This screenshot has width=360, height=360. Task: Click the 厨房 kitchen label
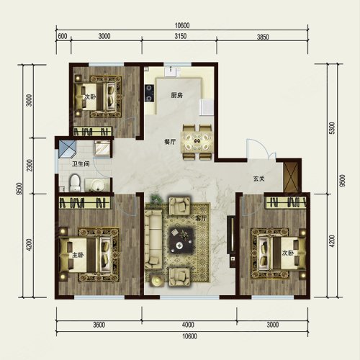pos(177,95)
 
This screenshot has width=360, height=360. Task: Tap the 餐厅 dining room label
pos(170,142)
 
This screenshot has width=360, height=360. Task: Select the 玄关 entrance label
pos(259,179)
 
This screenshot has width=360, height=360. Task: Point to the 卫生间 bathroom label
pos(81,164)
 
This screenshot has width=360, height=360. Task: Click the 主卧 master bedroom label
pos(78,254)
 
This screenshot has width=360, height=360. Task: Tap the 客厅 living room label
pos(201,218)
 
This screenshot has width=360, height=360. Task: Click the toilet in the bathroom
pos(75,183)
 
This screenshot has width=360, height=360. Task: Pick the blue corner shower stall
pos(67,148)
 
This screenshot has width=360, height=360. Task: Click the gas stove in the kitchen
pos(149,93)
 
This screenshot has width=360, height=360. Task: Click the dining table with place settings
pos(197,142)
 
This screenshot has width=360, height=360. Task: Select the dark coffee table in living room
pos(181,239)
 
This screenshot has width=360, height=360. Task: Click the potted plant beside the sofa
pos(156,199)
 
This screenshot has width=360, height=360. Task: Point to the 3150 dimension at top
pos(180,36)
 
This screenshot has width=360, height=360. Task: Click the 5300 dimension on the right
pos(332,128)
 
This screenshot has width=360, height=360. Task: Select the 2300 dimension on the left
pos(30,166)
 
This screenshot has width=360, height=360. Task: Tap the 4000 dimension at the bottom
pos(188,325)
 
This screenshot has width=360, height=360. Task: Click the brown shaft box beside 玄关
pos(290,178)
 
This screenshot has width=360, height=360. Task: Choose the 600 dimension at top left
pos(63,36)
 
